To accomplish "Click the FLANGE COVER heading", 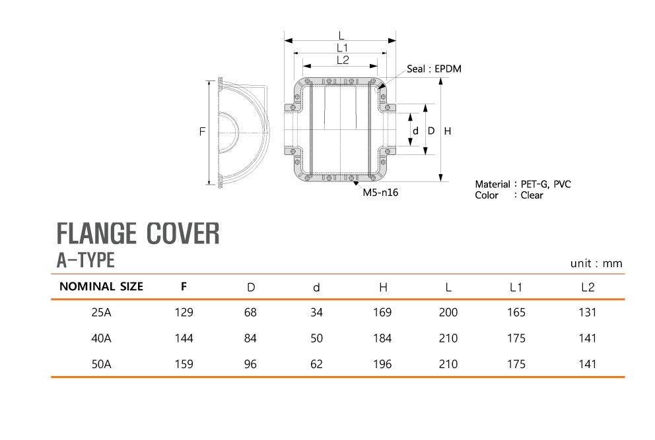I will coord(138,234).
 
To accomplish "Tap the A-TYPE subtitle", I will coord(86,261).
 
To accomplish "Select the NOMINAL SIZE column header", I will coord(101,287).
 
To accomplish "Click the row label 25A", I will coord(102,313).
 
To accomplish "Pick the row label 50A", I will coord(102,364).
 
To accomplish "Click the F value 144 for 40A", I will coord(184,338).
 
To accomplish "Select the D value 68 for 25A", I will coord(250,313).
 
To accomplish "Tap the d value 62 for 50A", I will coord(316,364).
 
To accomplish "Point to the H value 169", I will coord(382,313).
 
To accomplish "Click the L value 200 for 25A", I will coord(448,313).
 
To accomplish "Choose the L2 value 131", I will coord(586,313).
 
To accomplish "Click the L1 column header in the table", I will coord(516,287).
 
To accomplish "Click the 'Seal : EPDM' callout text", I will coord(434,69).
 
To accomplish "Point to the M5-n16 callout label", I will coord(380,193).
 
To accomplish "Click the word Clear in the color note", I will coord(532,195).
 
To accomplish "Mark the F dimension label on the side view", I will coord(202,132).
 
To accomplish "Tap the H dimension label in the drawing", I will coord(448,131).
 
